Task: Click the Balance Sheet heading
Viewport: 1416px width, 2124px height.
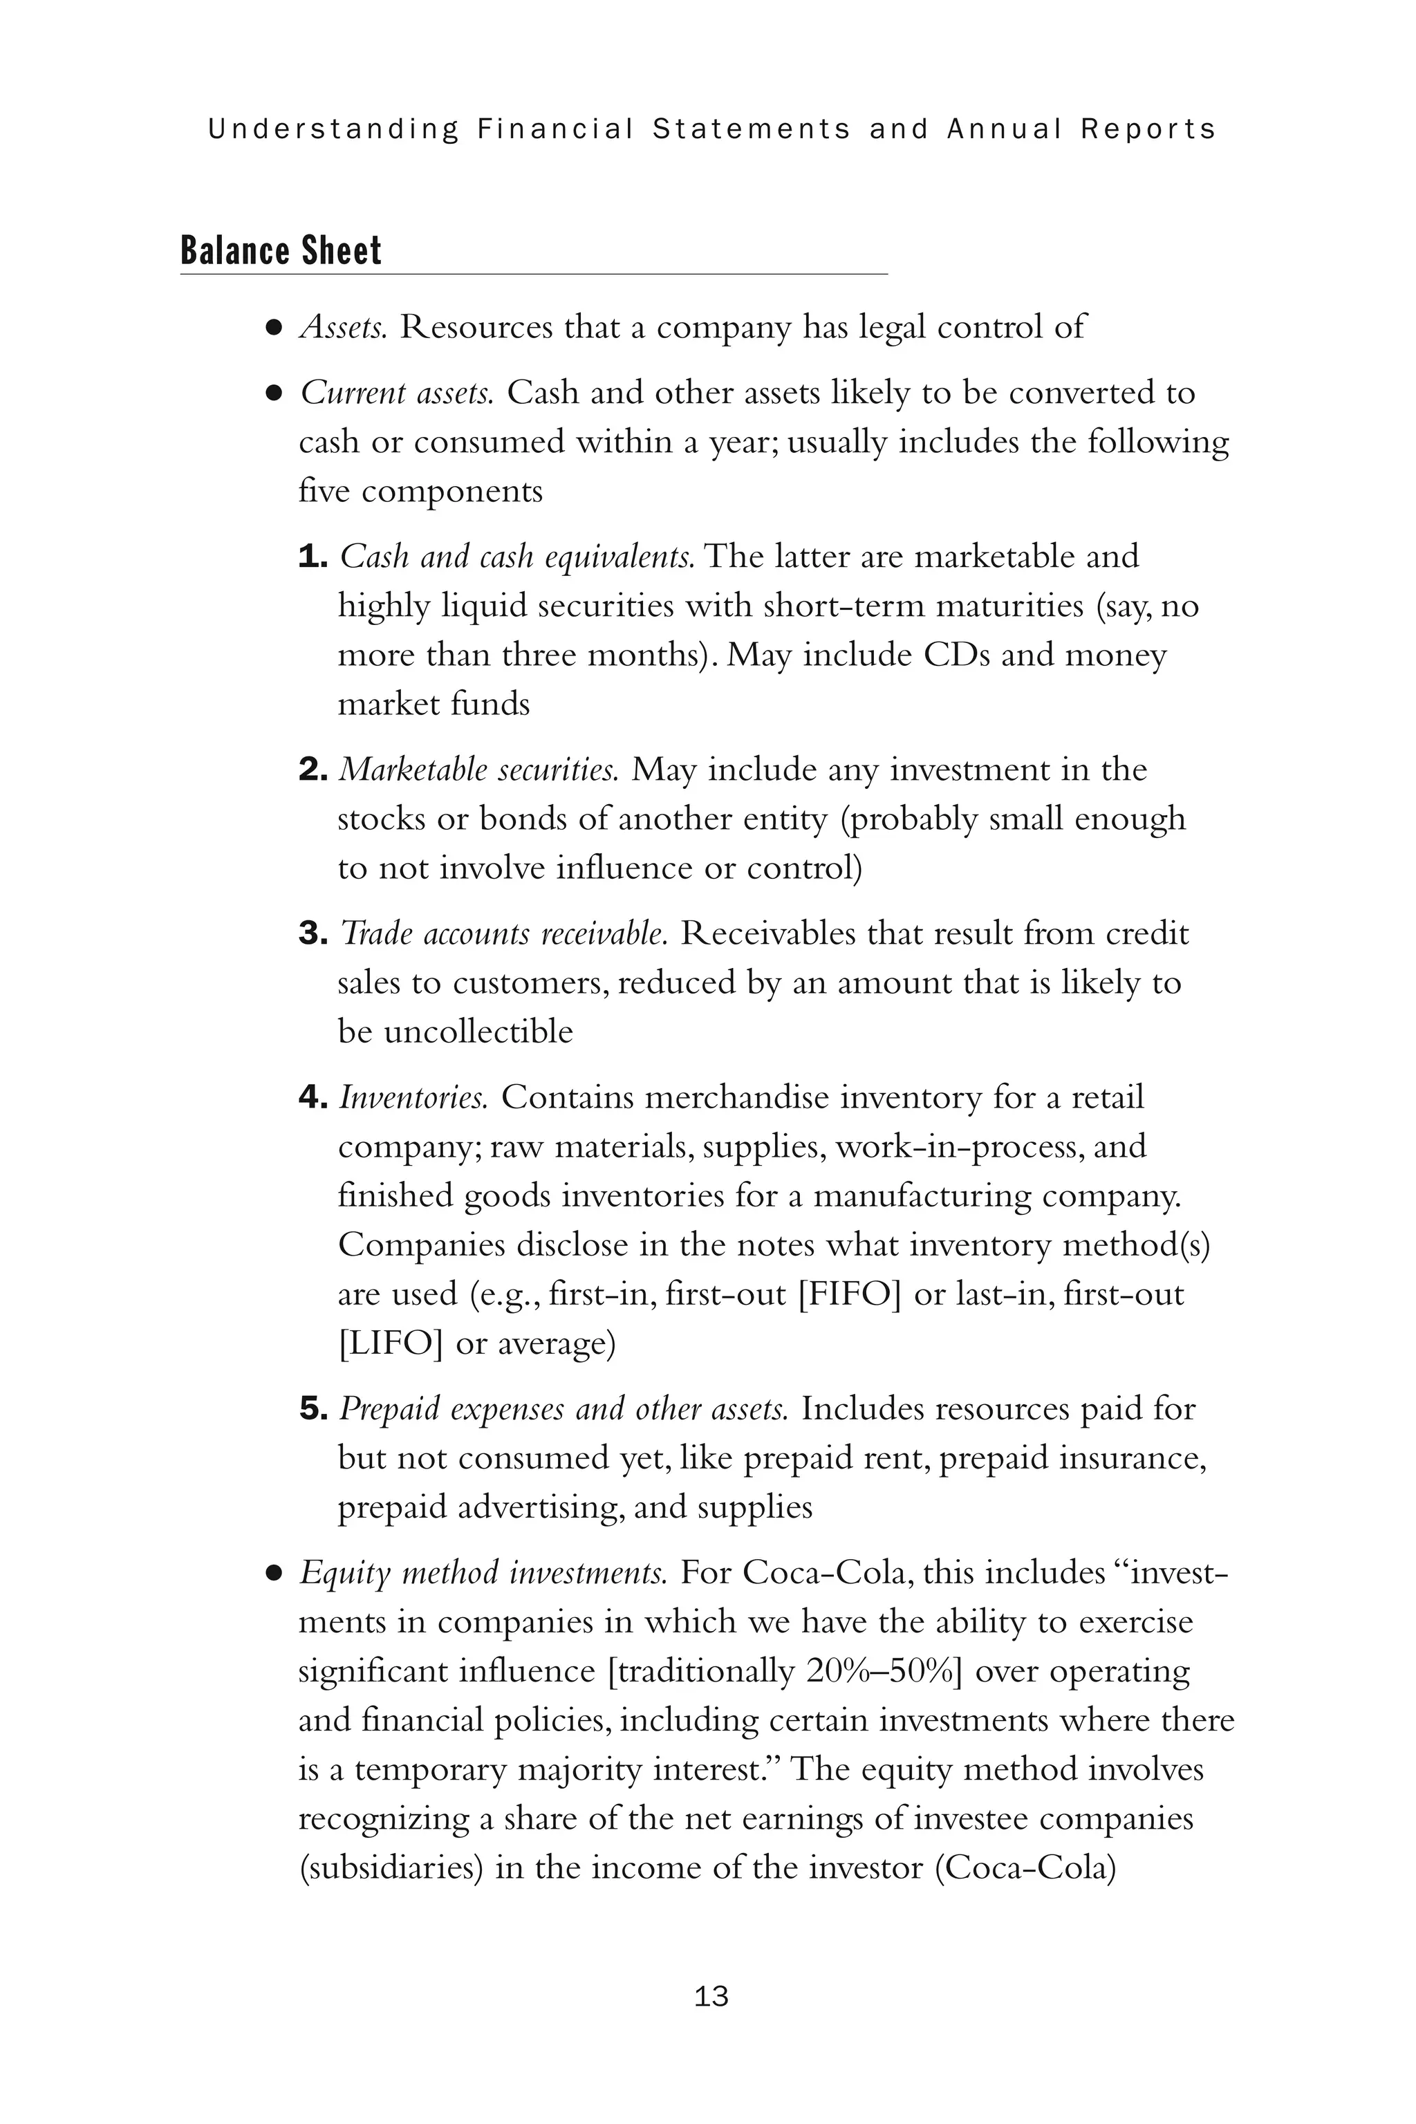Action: pos(281,250)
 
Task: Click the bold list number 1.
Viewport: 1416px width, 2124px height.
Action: pos(312,557)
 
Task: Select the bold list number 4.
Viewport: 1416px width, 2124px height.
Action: pos(313,1097)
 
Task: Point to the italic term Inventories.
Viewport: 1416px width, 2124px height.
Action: pos(413,1097)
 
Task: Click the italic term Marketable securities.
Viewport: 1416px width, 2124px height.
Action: pos(478,770)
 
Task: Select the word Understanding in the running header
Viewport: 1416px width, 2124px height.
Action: pos(333,129)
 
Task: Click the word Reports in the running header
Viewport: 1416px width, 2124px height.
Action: pos(1148,129)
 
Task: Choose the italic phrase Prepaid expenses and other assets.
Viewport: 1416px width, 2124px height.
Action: pos(563,1409)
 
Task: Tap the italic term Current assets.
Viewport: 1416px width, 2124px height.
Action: pos(395,393)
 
